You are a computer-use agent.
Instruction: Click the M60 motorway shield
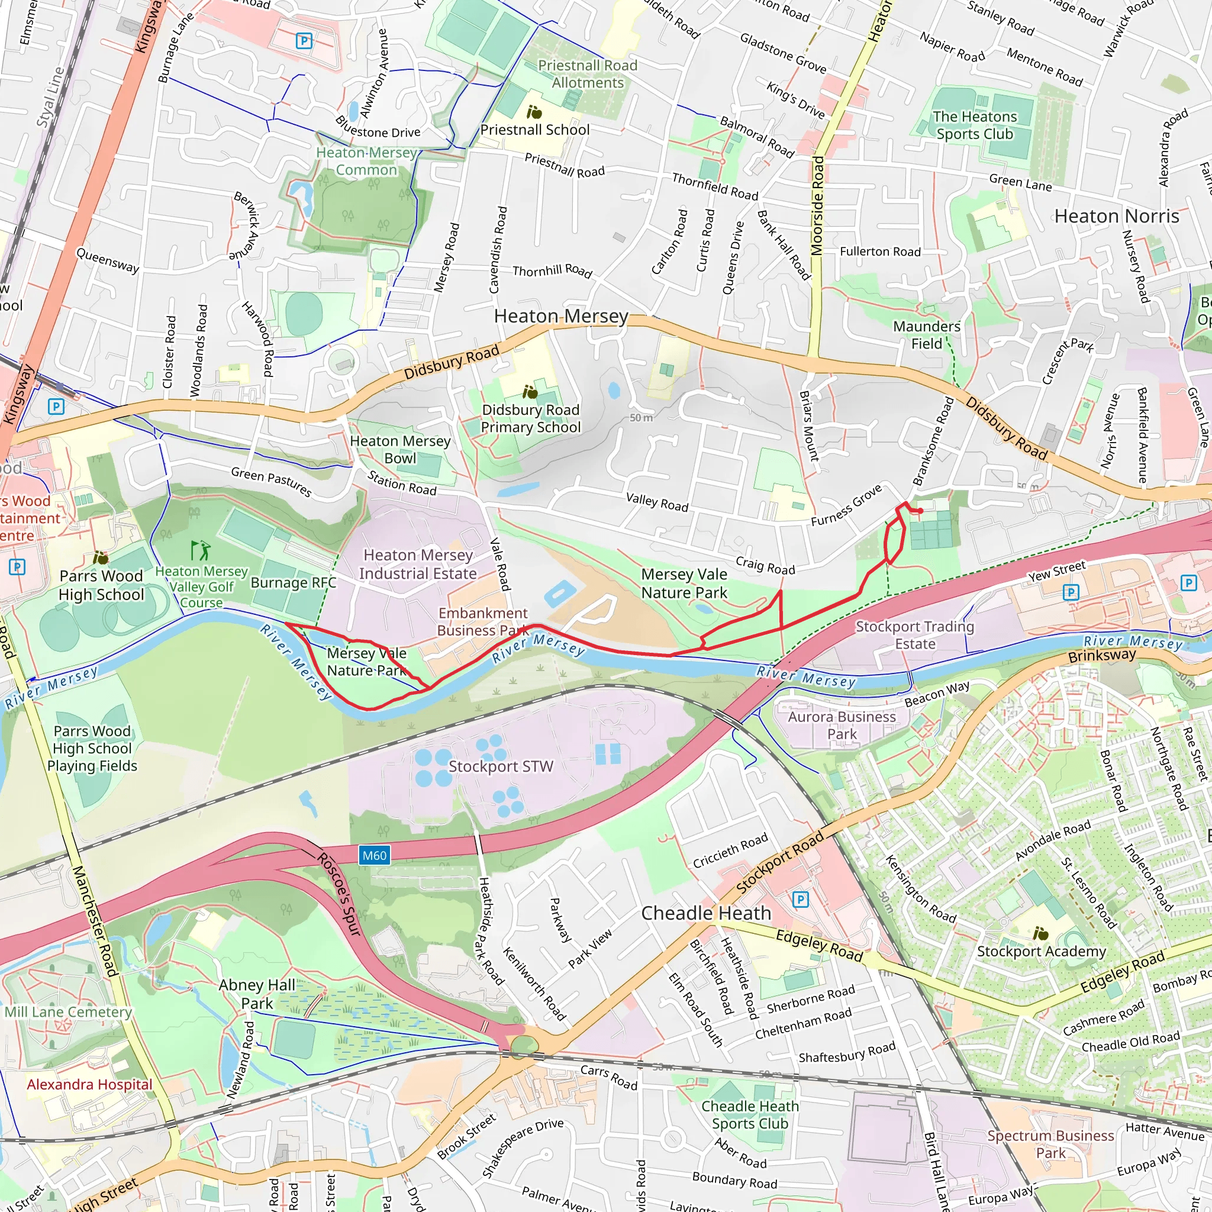[375, 855]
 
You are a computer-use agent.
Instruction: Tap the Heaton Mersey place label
[561, 316]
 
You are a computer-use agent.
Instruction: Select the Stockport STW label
[501, 766]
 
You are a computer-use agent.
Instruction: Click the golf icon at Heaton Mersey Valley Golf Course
[200, 550]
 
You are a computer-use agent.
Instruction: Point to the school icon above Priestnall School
[534, 112]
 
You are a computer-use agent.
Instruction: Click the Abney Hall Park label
[257, 994]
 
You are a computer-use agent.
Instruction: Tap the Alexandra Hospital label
[90, 1084]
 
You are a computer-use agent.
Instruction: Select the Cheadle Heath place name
[706, 913]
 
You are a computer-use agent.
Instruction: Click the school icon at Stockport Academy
[1040, 933]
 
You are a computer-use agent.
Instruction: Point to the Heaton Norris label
[1116, 217]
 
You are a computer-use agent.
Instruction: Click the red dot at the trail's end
[920, 511]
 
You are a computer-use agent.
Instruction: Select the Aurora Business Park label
[842, 725]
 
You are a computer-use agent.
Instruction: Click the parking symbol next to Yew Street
[1071, 592]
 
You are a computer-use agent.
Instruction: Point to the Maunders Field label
[927, 335]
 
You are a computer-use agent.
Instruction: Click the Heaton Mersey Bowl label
[400, 449]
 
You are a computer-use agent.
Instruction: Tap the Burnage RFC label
[293, 583]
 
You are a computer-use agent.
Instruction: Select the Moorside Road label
[817, 207]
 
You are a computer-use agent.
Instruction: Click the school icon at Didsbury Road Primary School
[530, 393]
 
